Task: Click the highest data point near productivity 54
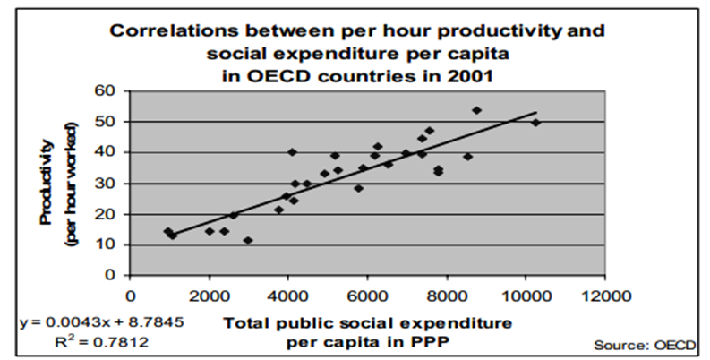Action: [x=476, y=110]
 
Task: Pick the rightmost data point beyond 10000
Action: [x=536, y=123]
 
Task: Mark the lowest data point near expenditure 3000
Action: [x=248, y=240]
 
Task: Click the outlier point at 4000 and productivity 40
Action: [x=292, y=152]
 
